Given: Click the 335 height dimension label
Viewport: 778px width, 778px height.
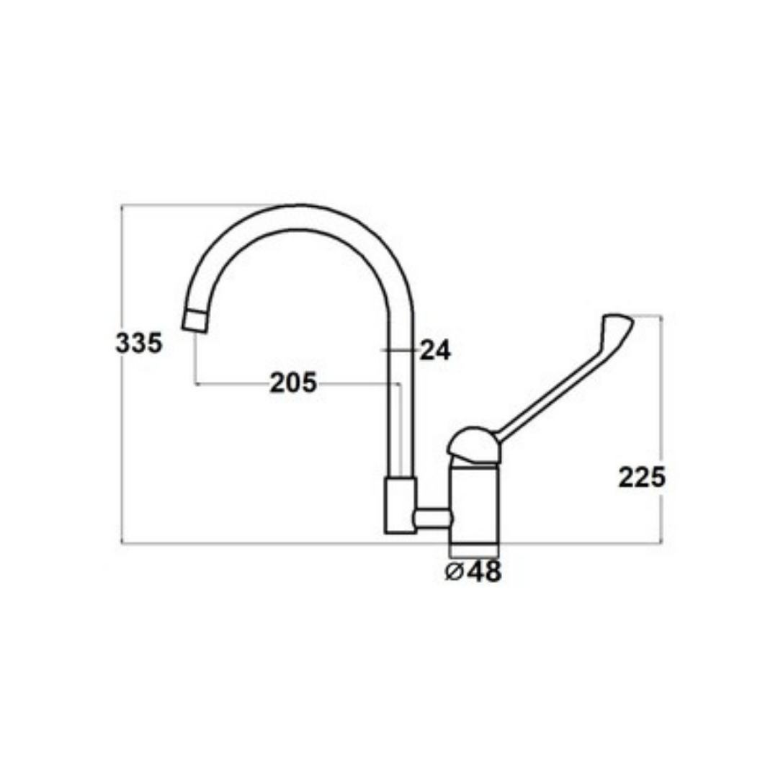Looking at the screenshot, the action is click(x=139, y=343).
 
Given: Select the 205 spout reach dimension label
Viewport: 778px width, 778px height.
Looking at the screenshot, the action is click(x=292, y=383).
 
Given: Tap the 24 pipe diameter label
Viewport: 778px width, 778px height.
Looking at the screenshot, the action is click(x=435, y=350).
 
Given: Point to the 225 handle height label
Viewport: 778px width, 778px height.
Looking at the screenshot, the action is click(x=642, y=478).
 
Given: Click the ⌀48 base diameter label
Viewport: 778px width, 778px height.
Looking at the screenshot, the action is click(x=473, y=571).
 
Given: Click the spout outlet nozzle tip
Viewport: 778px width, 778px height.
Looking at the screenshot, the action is click(x=194, y=321).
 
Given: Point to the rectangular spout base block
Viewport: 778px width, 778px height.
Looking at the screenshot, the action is click(x=400, y=506).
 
